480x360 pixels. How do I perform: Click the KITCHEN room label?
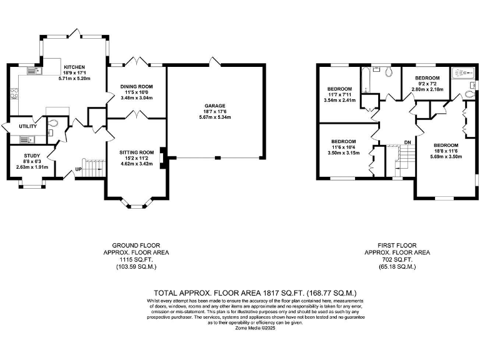(74, 67)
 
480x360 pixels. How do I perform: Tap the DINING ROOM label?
(136, 86)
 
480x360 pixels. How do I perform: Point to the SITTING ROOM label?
(136, 152)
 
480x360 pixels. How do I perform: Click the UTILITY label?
(19, 127)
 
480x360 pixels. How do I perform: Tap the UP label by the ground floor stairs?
(78, 169)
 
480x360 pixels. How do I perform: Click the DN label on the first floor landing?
(407, 142)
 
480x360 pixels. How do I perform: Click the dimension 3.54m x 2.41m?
(339, 100)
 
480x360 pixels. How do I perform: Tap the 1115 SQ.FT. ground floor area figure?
(135, 259)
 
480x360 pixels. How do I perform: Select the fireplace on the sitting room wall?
(163, 157)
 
